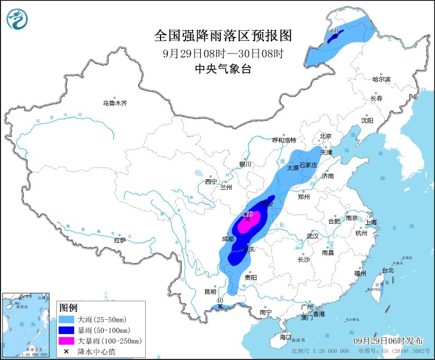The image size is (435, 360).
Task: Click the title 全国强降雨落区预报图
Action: [223, 36]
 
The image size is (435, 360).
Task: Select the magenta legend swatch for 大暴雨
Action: [68, 340]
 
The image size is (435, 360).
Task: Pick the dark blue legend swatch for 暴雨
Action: [68, 330]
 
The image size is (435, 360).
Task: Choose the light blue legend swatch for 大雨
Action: [68, 320]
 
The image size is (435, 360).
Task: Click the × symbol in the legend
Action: [68, 350]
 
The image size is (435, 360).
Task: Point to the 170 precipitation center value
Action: [247, 214]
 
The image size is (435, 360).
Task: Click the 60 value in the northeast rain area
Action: [334, 31]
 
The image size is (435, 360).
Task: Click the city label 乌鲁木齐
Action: [115, 103]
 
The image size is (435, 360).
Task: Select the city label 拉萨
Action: [120, 240]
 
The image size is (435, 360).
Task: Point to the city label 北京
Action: [325, 136]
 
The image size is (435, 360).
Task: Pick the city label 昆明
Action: [210, 292]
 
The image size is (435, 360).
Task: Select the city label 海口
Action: [286, 337]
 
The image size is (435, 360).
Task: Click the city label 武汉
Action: [313, 236]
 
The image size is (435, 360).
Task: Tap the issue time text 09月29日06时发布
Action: [382, 340]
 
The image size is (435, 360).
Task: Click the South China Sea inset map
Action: [27, 323]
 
